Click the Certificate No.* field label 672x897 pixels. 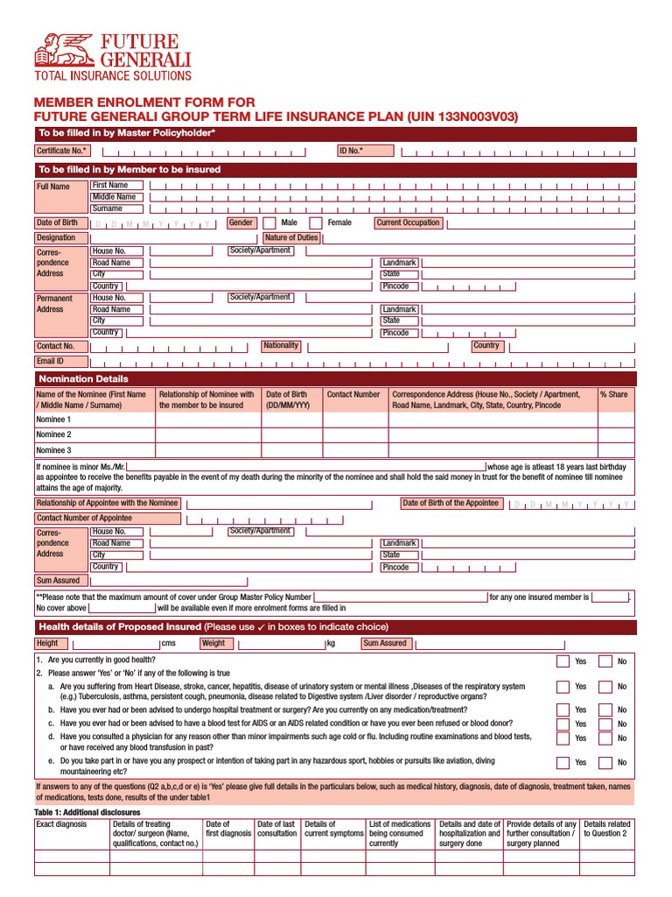point(62,151)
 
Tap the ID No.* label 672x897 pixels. point(351,151)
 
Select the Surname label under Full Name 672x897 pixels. point(108,208)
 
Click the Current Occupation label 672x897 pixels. point(408,223)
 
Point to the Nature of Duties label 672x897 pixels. point(291,237)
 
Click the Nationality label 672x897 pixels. point(281,345)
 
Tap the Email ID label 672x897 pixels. point(50,361)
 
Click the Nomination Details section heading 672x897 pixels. point(83,378)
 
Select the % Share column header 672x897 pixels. point(613,394)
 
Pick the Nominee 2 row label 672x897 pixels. point(53,434)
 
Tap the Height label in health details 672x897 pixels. point(47,643)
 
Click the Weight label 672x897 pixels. point(213,643)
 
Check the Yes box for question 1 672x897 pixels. point(563,661)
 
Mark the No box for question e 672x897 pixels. point(605,762)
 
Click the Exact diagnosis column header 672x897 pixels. point(61,824)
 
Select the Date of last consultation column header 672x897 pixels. point(276,829)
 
